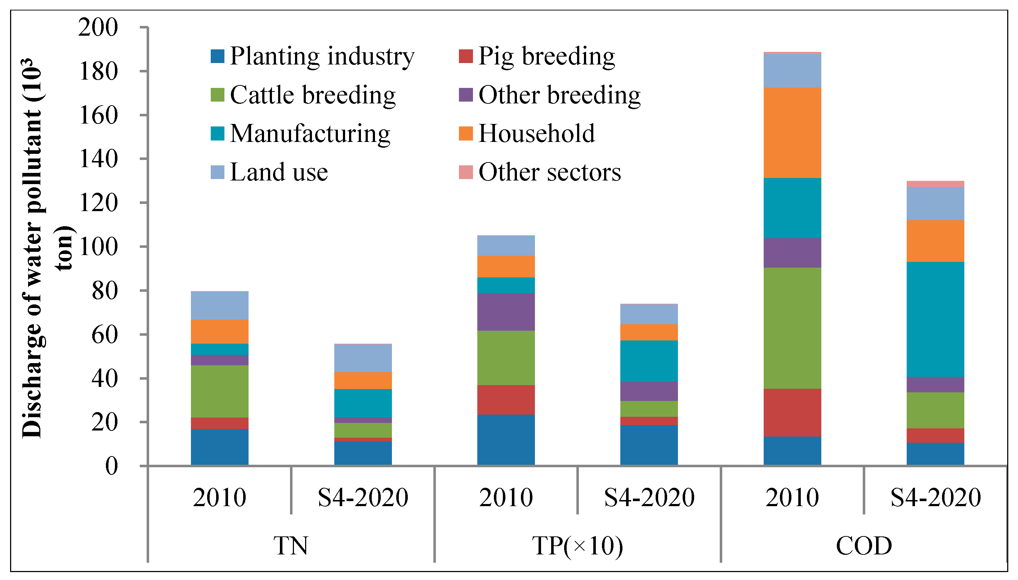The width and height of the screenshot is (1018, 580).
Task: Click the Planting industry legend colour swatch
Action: pyautogui.click(x=218, y=56)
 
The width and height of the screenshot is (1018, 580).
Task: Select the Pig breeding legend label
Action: pyautogui.click(x=546, y=56)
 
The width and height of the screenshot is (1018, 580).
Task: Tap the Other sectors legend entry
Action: pyautogui.click(x=550, y=172)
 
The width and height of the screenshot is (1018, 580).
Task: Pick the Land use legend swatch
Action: pyautogui.click(x=218, y=172)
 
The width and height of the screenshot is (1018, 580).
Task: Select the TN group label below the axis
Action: pyautogui.click(x=291, y=545)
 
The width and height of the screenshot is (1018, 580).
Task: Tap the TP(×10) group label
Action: pyautogui.click(x=577, y=545)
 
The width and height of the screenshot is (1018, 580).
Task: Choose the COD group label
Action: pyautogui.click(x=863, y=545)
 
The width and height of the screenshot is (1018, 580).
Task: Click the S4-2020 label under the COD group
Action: pyautogui.click(x=935, y=497)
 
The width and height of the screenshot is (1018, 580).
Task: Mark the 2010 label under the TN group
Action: pyautogui.click(x=219, y=497)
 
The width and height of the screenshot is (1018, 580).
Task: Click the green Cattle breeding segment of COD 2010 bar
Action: pyautogui.click(x=792, y=328)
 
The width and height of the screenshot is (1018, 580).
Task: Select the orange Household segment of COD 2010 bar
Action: pyautogui.click(x=792, y=133)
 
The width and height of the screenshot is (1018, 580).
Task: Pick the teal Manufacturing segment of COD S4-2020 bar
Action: pyautogui.click(x=935, y=319)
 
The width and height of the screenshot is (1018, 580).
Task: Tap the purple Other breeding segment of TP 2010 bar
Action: pyautogui.click(x=506, y=312)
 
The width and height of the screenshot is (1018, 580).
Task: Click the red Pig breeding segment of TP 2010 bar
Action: pyautogui.click(x=506, y=400)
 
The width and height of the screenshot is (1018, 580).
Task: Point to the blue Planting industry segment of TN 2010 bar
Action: pyautogui.click(x=219, y=447)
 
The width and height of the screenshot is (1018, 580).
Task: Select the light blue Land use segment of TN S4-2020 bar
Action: pyautogui.click(x=363, y=358)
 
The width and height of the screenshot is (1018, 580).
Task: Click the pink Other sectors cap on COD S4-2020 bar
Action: pyautogui.click(x=935, y=184)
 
